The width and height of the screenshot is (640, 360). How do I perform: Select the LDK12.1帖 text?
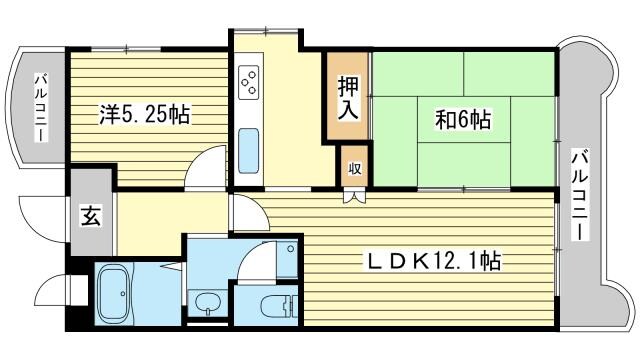pyautogui.click(x=432, y=262)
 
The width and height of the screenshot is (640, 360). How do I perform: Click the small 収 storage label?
pyautogui.click(x=354, y=168)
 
